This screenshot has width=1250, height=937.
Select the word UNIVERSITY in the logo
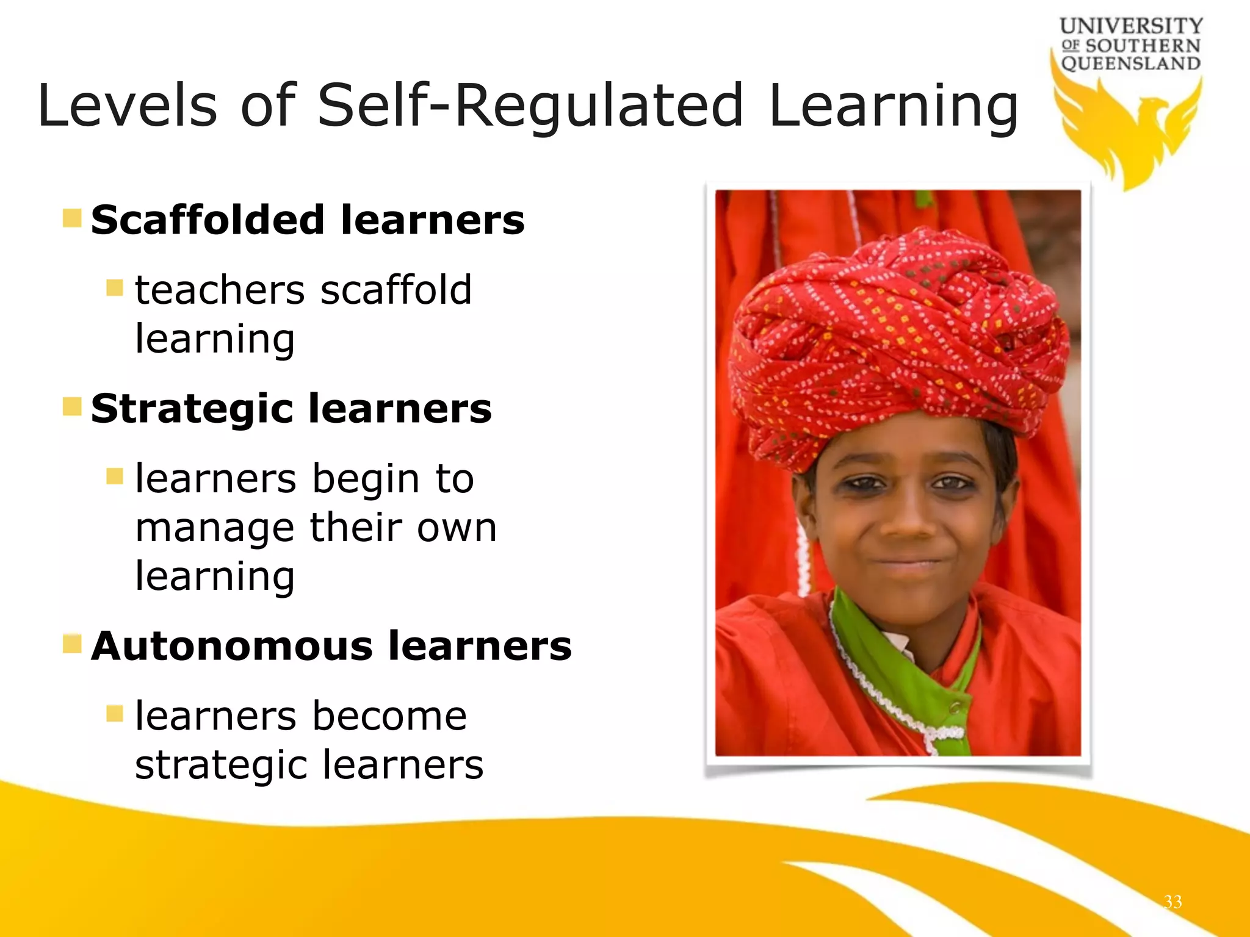(x=1131, y=26)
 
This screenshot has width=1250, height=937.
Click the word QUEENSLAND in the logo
(x=1130, y=63)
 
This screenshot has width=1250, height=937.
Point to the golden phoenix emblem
(x=1129, y=131)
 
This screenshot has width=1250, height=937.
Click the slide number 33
(x=1172, y=902)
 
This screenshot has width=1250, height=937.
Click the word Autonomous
(x=231, y=646)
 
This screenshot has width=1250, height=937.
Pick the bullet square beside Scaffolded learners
(x=72, y=218)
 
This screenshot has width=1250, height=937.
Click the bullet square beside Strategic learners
(x=72, y=406)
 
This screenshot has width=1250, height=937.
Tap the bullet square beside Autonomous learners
(x=72, y=644)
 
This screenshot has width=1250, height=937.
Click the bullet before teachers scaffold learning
(x=114, y=287)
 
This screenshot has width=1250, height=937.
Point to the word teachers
(x=219, y=290)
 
